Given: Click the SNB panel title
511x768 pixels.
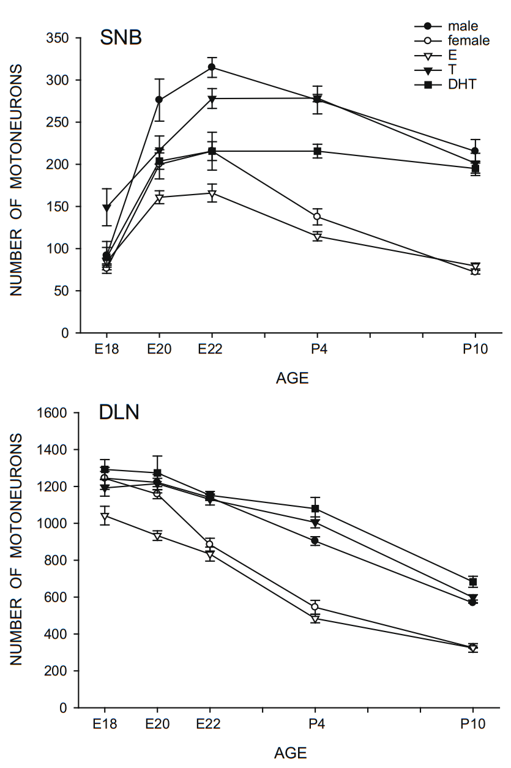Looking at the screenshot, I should tap(121, 38).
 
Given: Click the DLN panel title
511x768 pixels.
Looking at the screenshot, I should tap(119, 412).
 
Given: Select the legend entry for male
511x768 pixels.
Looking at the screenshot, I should tap(462, 26).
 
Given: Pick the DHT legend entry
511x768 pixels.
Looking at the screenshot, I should tap(461, 84).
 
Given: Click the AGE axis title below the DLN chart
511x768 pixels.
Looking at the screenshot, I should tap(291, 753).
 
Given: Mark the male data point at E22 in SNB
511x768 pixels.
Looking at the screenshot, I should tap(212, 67).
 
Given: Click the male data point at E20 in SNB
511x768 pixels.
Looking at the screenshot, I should tap(159, 99).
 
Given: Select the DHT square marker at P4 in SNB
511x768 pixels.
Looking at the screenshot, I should tap(317, 151).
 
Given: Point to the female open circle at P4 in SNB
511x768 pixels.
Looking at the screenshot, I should tap(317, 217).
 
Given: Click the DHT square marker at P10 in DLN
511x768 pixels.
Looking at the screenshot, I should tap(473, 582).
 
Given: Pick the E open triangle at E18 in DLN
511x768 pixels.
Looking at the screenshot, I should tap(106, 516).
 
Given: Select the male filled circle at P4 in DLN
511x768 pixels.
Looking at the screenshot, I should tap(316, 540).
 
